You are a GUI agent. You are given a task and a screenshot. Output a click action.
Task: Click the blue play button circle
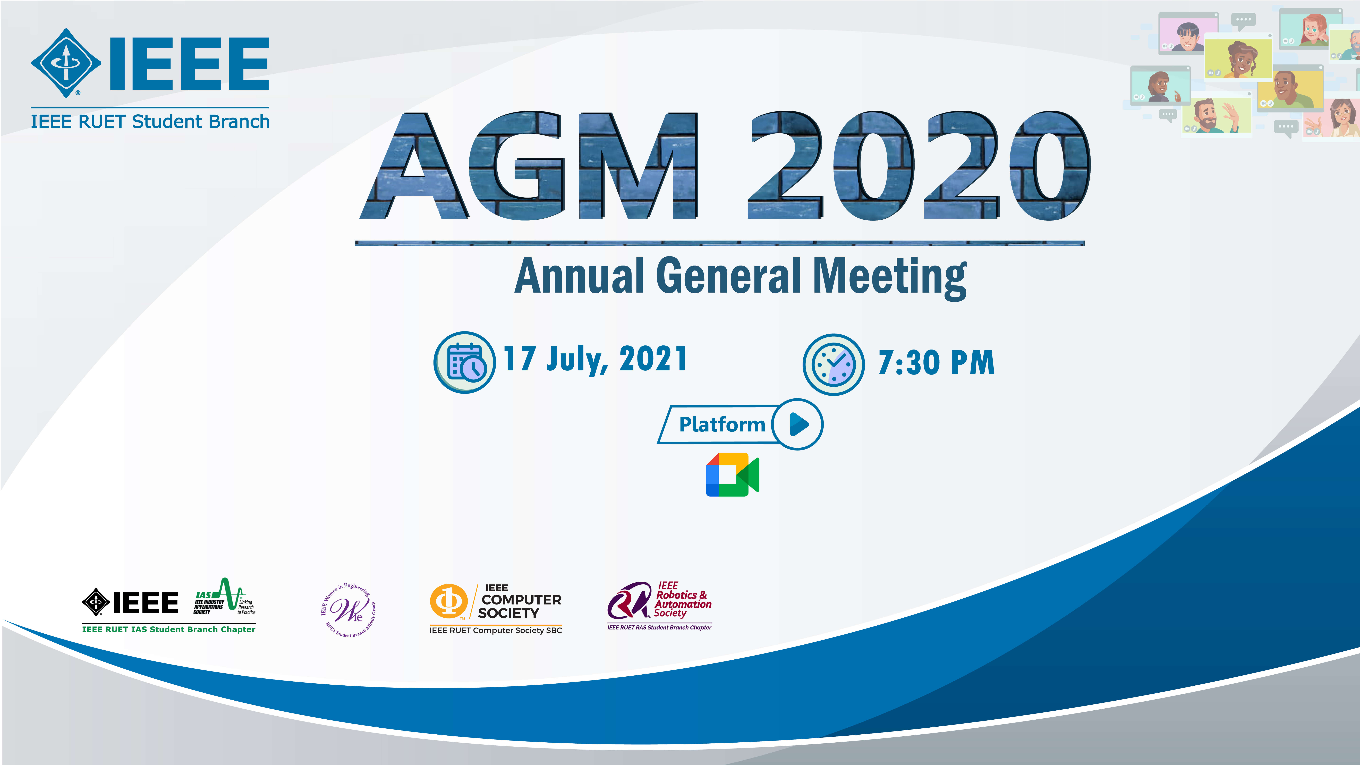(x=797, y=424)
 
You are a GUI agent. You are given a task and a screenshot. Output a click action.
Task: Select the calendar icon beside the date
(x=465, y=362)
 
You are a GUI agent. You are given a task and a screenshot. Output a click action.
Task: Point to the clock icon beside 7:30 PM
(x=834, y=364)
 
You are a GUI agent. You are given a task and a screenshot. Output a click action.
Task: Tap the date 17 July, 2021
(x=595, y=360)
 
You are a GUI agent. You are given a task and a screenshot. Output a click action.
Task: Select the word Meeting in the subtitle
(x=890, y=278)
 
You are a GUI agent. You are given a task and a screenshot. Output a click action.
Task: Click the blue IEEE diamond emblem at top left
(x=66, y=63)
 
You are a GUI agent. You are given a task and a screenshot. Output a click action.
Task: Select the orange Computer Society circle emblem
(x=449, y=601)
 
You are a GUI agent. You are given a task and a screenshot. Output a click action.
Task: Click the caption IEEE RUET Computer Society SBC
(x=496, y=630)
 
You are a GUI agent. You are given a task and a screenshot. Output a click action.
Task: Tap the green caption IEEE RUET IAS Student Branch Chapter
(x=169, y=629)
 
